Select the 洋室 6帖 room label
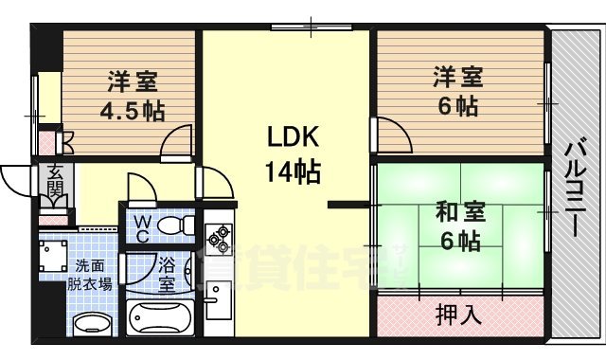click(458, 89)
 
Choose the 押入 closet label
click(458, 314)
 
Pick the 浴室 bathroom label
click(167, 274)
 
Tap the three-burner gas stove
click(218, 239)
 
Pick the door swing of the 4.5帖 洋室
click(175, 144)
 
